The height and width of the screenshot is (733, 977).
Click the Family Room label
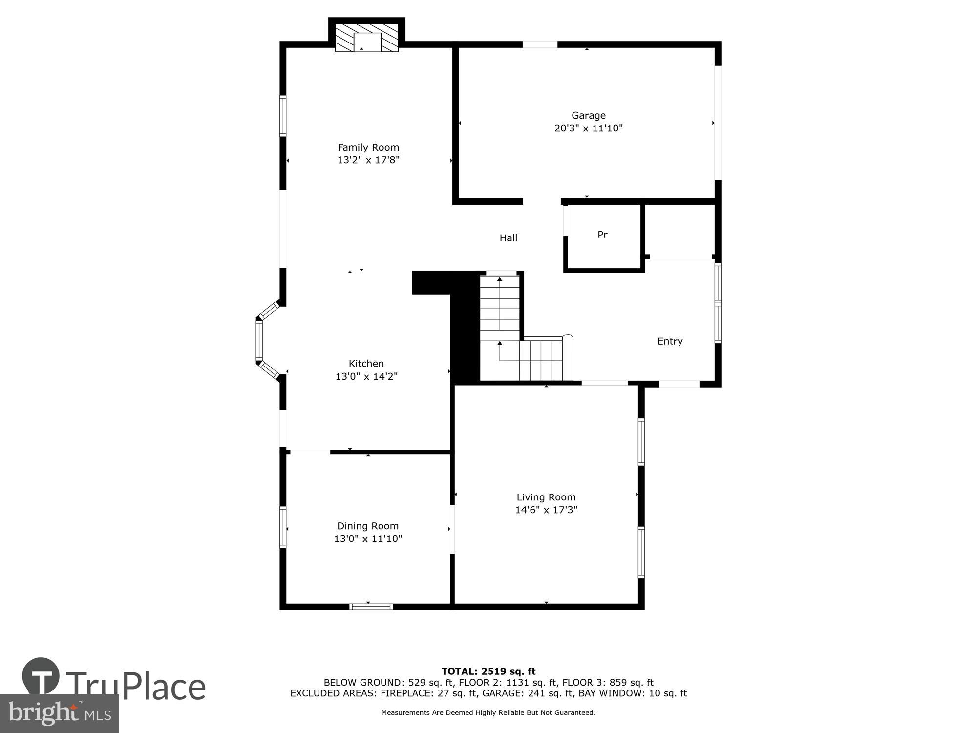pos(368,147)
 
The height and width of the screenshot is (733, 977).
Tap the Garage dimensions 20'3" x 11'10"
pos(588,129)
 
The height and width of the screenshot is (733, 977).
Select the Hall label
pos(508,238)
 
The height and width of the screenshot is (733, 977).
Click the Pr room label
pos(602,235)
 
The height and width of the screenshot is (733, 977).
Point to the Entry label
pos(670,341)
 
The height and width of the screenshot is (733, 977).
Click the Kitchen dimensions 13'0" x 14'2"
pos(366,376)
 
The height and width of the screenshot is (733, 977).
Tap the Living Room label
pos(546,497)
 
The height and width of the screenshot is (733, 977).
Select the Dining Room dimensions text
pos(368,539)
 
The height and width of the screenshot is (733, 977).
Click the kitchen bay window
pos(259,340)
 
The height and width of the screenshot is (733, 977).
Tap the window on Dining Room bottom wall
pos(371,606)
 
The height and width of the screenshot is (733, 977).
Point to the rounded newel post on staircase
pos(568,338)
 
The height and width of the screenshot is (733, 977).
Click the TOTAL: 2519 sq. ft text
pos(488,671)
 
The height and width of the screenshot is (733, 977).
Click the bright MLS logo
pos(60,713)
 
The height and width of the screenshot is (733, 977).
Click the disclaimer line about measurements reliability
pos(488,713)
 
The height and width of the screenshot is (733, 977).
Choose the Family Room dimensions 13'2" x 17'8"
pos(368,160)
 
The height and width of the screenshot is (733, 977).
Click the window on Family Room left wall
pos(283,116)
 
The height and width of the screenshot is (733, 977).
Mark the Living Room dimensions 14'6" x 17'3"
pos(546,510)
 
